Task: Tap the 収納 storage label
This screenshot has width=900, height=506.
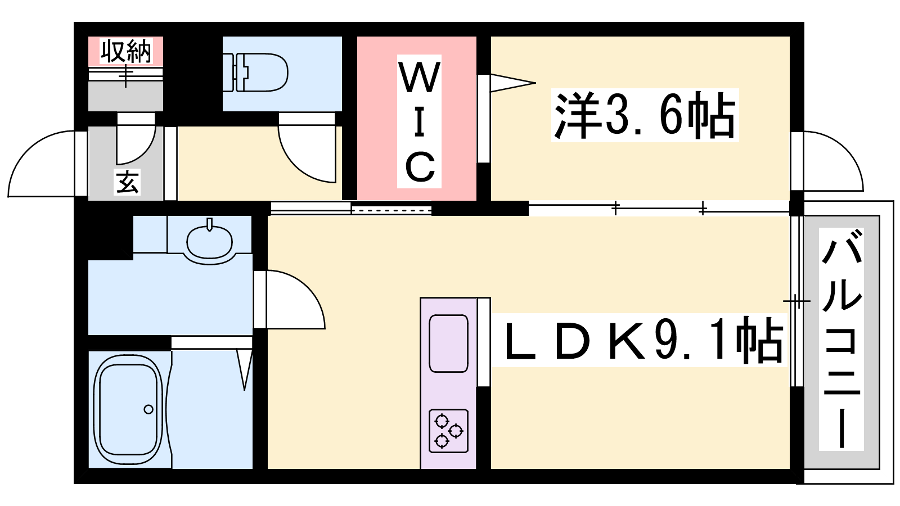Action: click(x=126, y=51)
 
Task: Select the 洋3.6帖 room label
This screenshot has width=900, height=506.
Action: click(x=645, y=115)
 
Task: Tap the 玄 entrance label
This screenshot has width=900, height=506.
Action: click(x=127, y=182)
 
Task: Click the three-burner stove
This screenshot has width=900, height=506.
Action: click(x=448, y=431)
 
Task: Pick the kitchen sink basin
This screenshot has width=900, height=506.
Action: click(x=448, y=344)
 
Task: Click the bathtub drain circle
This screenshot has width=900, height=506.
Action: click(x=148, y=410)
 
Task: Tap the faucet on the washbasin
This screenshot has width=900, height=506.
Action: click(x=209, y=224)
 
